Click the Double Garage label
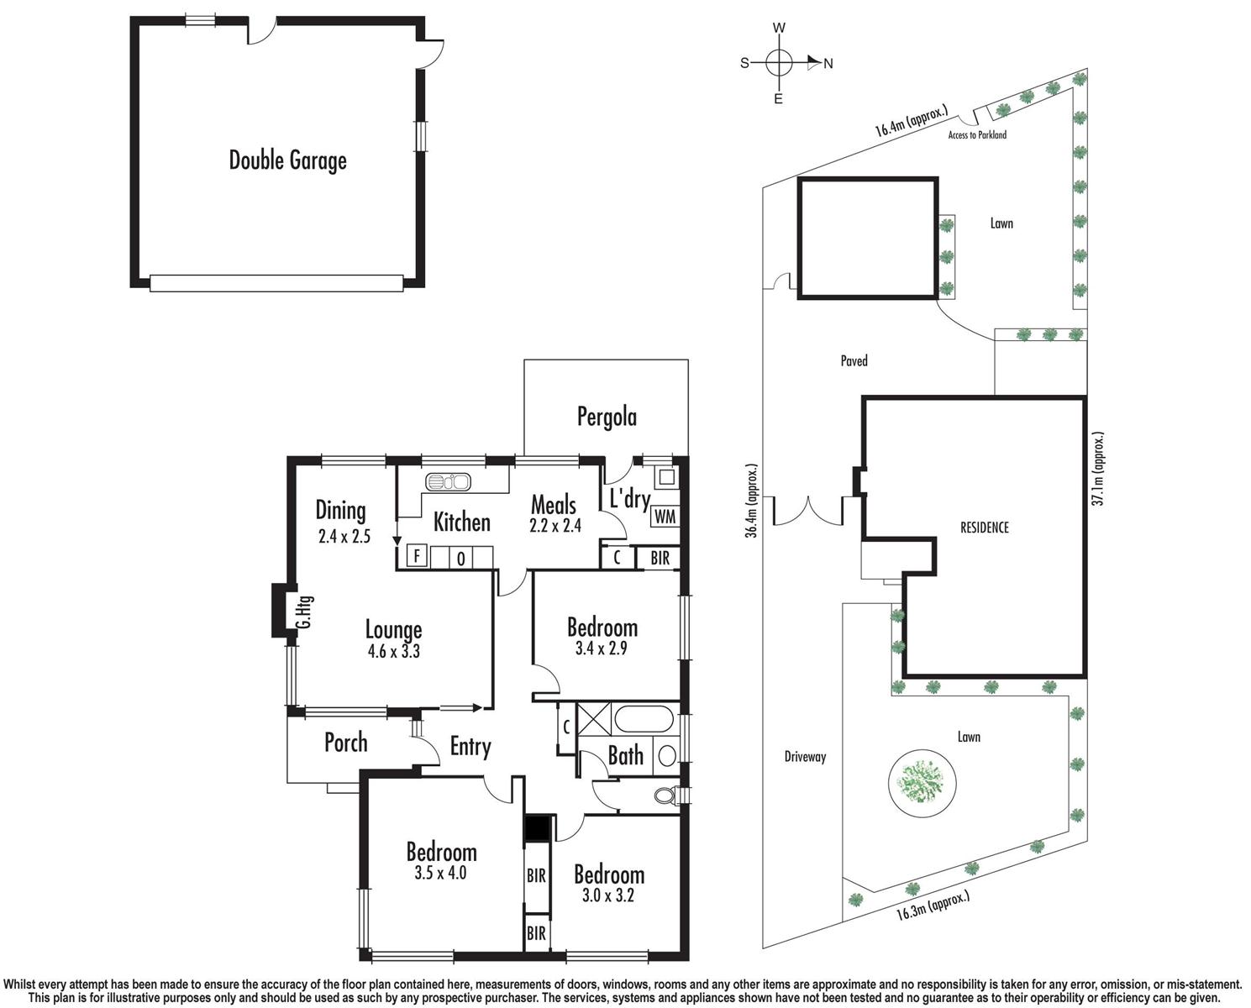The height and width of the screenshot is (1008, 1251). click(287, 160)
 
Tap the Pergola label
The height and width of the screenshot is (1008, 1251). click(606, 417)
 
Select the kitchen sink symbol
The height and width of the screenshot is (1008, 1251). click(449, 482)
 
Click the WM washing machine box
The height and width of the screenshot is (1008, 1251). click(665, 517)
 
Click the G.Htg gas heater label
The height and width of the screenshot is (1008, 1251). click(304, 612)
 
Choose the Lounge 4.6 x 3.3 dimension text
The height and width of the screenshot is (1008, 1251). click(393, 651)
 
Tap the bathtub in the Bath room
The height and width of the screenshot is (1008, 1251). click(643, 720)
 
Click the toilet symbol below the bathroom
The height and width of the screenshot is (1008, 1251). click(665, 795)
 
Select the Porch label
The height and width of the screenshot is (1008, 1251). click(345, 743)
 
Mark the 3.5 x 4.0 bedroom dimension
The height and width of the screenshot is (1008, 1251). click(440, 874)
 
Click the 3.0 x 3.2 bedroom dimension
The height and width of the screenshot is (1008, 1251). click(608, 895)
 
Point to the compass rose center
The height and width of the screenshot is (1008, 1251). click(779, 62)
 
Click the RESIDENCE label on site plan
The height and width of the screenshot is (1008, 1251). click(984, 528)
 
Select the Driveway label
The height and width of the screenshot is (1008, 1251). click(805, 757)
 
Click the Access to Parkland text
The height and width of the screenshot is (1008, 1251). click(976, 134)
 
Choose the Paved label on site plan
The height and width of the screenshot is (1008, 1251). click(854, 361)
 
